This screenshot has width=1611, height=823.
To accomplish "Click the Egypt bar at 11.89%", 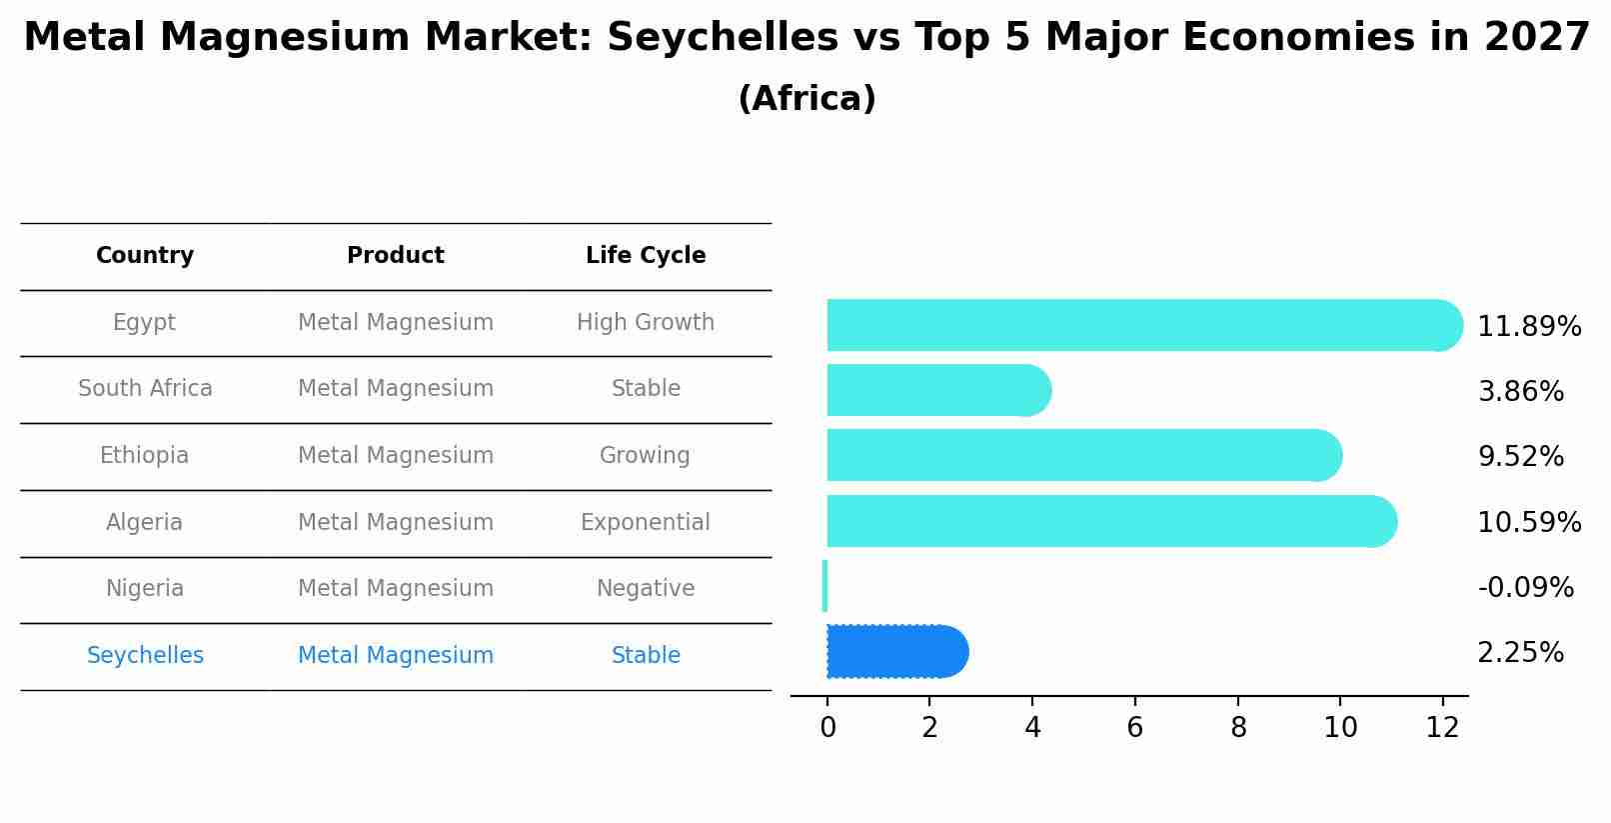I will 1139,325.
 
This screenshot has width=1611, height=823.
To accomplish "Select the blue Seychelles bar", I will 894,652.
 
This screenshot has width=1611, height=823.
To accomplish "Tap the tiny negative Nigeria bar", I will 824,586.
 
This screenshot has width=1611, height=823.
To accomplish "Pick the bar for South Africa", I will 934,390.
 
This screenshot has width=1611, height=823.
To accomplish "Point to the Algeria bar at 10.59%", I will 1109,521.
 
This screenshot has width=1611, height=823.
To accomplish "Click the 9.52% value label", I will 1520,457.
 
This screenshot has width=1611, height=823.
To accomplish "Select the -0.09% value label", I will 1525,588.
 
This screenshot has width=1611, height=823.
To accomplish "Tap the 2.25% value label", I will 1520,653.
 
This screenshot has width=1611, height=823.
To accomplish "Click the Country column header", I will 145,256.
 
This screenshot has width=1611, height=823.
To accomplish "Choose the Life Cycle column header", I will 646,256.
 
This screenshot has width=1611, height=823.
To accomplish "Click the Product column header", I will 396,256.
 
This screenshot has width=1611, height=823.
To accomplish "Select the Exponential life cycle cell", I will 646,522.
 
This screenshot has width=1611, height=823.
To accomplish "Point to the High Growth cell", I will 646,323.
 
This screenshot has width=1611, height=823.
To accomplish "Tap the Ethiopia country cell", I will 144,456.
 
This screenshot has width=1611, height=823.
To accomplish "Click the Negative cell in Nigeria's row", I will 646,589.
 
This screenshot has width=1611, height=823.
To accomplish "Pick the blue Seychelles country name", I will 145,656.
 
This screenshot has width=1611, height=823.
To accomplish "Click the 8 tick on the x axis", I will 1238,728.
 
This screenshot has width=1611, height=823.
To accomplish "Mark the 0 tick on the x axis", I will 827,728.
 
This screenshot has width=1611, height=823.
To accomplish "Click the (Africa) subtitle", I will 806,99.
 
